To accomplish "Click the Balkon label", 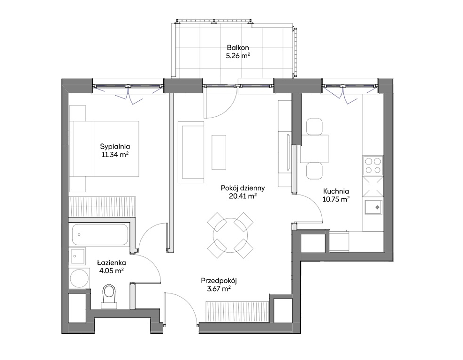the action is click(x=238, y=47).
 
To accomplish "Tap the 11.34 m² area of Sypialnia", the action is click(x=115, y=154).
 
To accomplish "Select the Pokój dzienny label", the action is click(x=243, y=188).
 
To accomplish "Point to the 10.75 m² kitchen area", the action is click(x=336, y=199).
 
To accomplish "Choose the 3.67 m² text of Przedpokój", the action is click(x=219, y=289).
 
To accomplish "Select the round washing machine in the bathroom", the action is click(x=79, y=278).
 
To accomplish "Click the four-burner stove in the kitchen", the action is click(x=373, y=165).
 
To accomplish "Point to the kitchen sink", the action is click(x=373, y=207).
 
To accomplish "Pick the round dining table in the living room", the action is click(x=230, y=235).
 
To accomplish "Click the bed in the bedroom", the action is click(x=104, y=149).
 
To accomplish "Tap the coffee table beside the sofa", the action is click(x=219, y=152).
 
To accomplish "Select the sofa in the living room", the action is click(x=191, y=152).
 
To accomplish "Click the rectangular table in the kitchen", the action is click(x=314, y=149).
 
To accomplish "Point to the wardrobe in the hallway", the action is click(x=237, y=312).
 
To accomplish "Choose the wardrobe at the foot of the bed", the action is click(x=102, y=207).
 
